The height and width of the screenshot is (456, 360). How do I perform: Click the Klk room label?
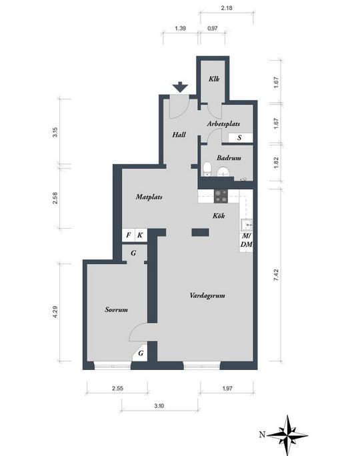pos(214,79)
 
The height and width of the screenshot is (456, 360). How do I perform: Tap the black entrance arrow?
pos(180,87)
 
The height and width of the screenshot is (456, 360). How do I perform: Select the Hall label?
pos(179,135)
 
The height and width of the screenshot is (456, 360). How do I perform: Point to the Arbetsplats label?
pos(223,124)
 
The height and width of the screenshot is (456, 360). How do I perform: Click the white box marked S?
pos(240,137)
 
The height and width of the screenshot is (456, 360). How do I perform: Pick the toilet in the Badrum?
pos(207,169)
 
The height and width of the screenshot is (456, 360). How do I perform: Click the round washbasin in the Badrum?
pos(223,171)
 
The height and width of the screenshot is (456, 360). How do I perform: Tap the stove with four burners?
pos(221,196)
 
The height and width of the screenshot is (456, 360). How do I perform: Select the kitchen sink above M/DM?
pos(246,225)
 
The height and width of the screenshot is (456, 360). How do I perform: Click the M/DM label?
pos(246,240)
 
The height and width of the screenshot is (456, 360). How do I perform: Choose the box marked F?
pos(129,235)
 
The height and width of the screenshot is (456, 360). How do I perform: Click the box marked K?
pos(141,235)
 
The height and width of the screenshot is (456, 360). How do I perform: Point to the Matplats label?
pos(149,197)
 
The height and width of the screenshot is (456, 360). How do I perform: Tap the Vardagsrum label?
pos(207,296)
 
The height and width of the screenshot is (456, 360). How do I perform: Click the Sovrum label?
pos(116,310)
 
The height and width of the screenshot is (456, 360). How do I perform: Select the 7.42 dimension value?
pos(276,275)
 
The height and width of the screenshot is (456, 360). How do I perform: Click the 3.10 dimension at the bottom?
pos(159,406)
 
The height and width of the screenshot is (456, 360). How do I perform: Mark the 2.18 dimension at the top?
pos(227,8)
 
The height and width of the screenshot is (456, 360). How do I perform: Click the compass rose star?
pos(287,435)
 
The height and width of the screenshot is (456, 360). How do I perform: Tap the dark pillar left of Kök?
pos(200,233)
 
